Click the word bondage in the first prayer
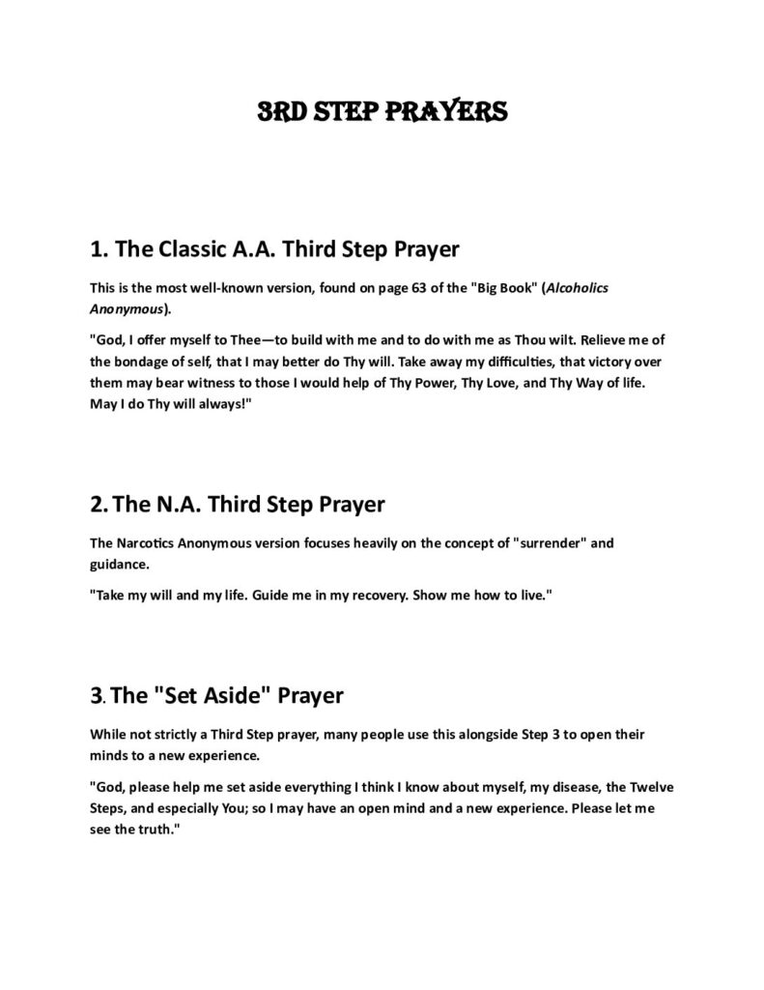point(142,362)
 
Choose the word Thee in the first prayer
point(236,340)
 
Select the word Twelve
point(643,788)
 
